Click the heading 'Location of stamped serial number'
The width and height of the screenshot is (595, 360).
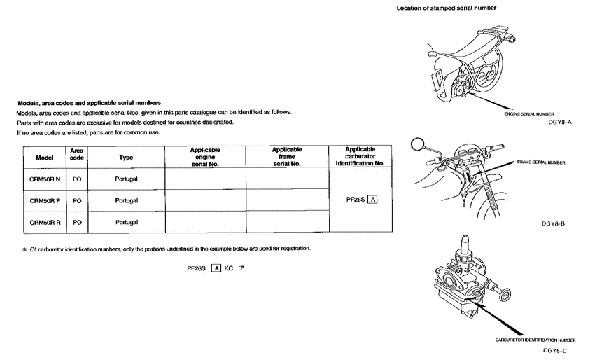coord(447,8)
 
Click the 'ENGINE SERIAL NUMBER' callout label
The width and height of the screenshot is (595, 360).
coord(529,113)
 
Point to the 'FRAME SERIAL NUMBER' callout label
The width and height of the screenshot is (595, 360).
coord(540,162)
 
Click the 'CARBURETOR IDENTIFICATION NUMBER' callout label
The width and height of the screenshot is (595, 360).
coord(535,339)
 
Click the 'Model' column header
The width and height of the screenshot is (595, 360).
coord(44,158)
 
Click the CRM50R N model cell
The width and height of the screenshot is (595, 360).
coord(44,179)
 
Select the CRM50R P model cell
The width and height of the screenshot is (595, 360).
coord(44,200)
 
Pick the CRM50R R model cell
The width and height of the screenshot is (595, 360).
coord(44,222)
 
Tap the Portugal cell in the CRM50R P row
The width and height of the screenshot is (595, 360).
coord(126,200)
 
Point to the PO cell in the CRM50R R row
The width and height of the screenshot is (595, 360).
coord(77,222)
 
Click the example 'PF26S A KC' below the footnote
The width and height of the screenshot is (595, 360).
coord(214,269)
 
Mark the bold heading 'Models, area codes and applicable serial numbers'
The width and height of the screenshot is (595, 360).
coord(89,103)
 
